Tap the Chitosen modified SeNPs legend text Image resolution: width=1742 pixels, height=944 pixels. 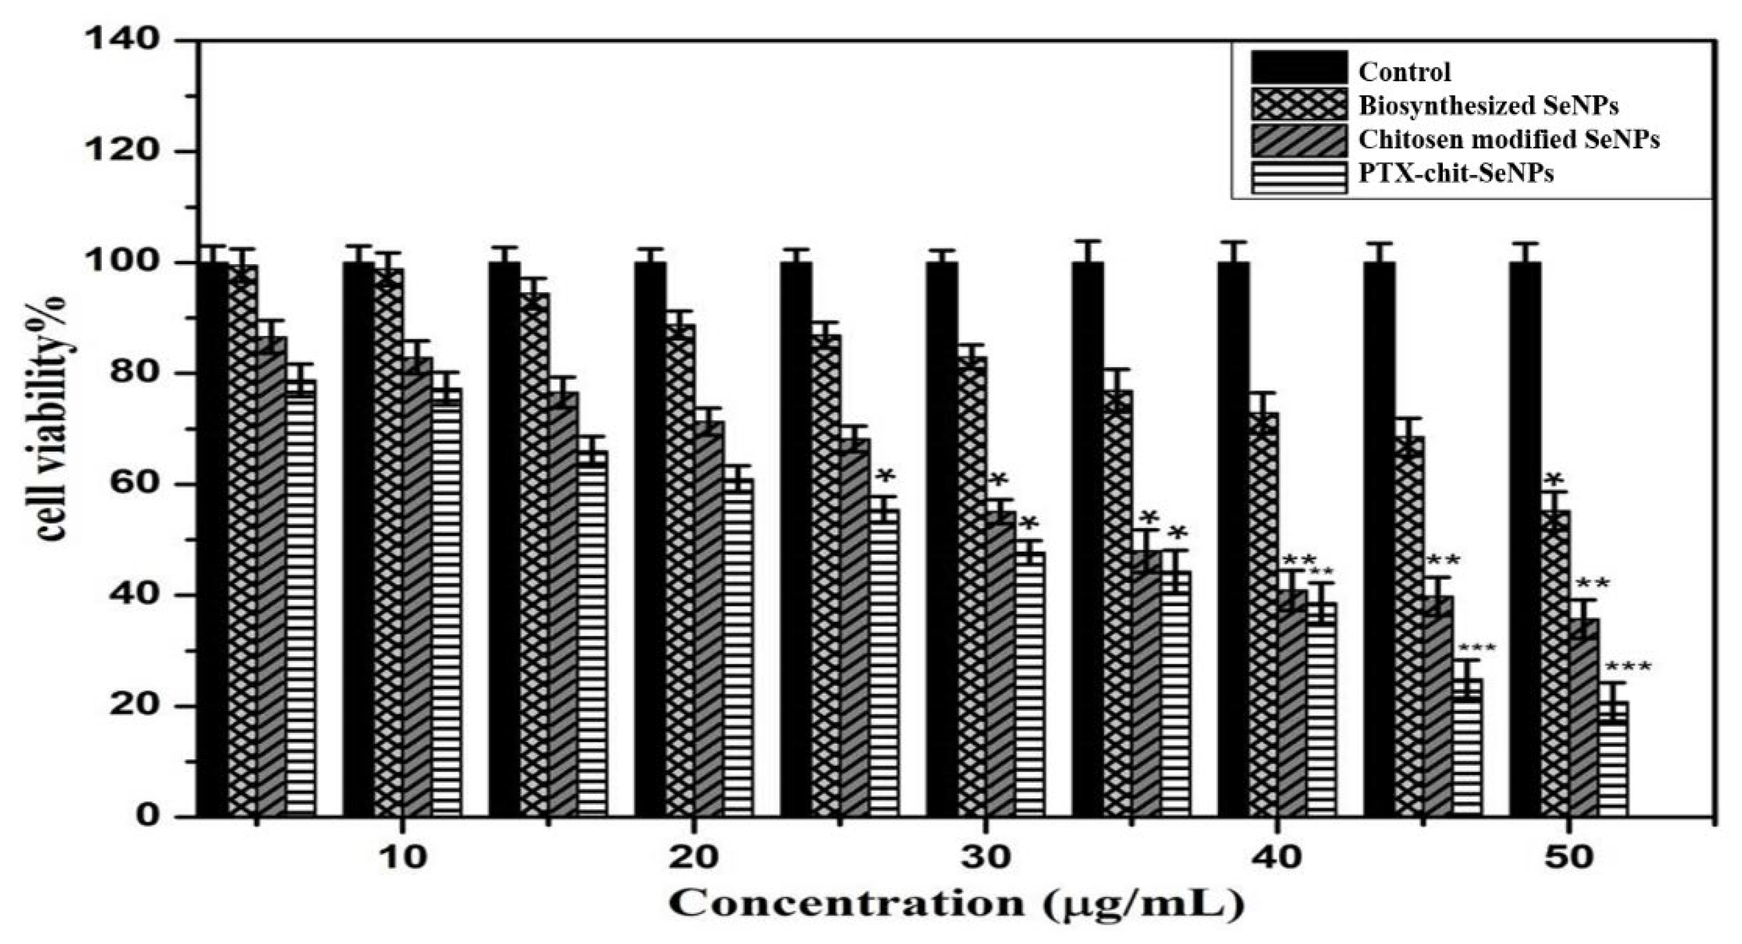coord(1497,139)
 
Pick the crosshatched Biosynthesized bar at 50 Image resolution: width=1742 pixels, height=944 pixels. coord(1556,663)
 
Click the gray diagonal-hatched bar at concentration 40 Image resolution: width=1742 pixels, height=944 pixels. coord(1292,704)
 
